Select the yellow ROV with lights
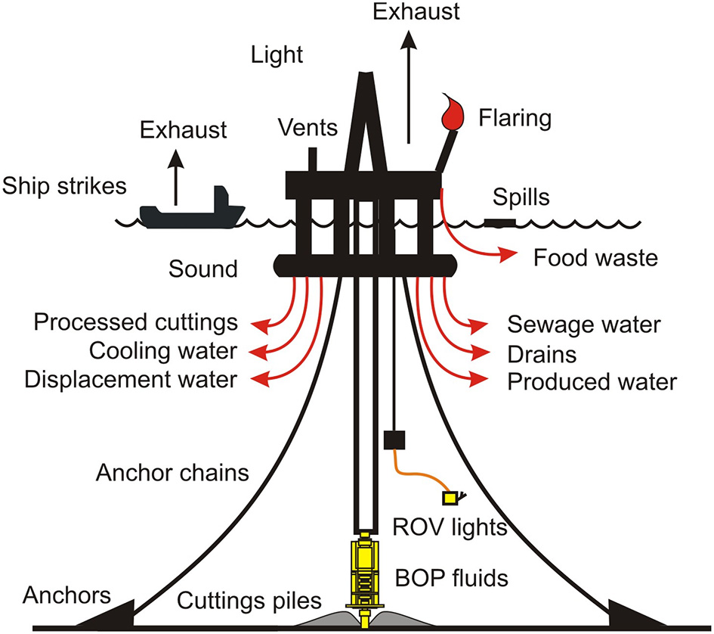[x=453, y=497]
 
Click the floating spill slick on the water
[x=499, y=222]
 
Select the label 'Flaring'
[x=515, y=118]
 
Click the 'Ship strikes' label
[x=63, y=185]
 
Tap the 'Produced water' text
[x=592, y=382]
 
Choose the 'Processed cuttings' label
[x=135, y=323]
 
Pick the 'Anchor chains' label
[x=172, y=473]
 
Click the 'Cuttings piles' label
[x=249, y=601]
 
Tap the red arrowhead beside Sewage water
[x=478, y=327]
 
